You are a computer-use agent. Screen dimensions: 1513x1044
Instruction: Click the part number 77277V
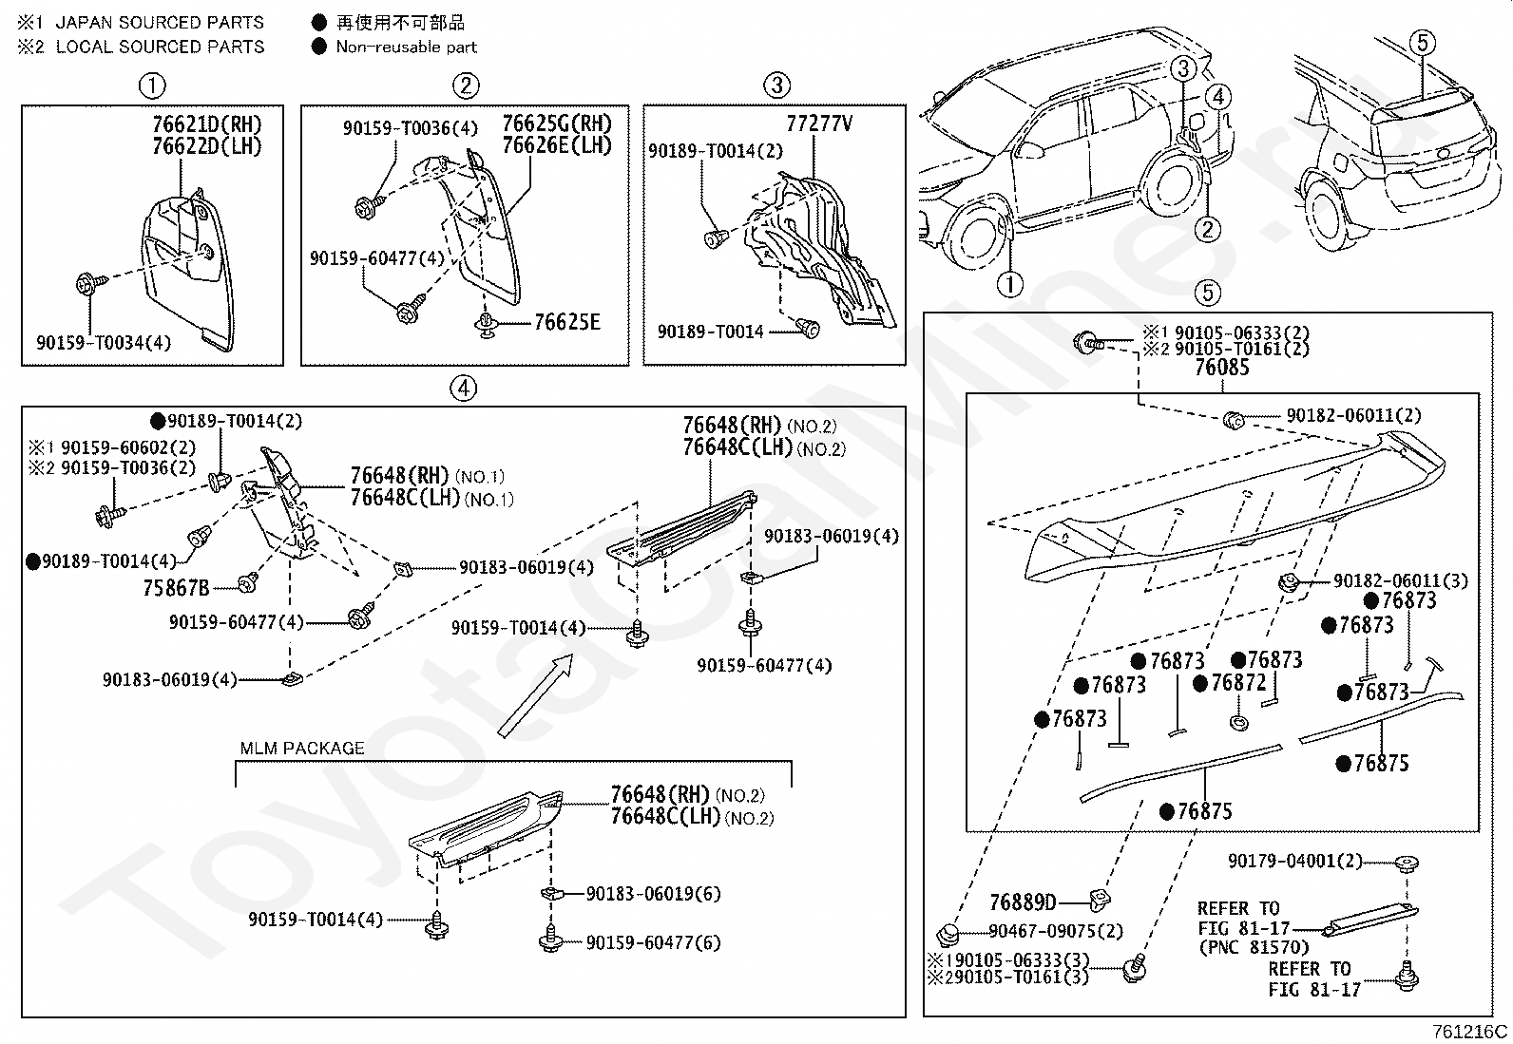(x=818, y=123)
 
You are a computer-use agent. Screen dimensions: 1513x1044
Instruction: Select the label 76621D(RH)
(x=206, y=124)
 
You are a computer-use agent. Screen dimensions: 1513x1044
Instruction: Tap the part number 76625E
(x=566, y=322)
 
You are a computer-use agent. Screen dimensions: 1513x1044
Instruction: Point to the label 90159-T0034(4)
(x=104, y=342)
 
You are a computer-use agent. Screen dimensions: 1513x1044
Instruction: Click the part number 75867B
(x=176, y=588)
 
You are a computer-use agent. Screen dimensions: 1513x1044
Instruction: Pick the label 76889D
(x=1023, y=902)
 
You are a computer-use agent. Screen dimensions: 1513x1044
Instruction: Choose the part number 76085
(x=1222, y=368)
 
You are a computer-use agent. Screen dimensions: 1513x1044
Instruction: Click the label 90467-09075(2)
(x=1056, y=931)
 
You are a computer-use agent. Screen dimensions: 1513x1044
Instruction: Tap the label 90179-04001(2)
(x=1294, y=861)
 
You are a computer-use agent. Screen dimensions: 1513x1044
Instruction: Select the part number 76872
(x=1238, y=683)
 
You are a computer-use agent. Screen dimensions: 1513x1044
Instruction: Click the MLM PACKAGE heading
(x=302, y=749)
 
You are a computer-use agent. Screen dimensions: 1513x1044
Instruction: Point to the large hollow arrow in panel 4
(x=536, y=695)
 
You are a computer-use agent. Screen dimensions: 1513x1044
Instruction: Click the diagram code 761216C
(x=1470, y=1032)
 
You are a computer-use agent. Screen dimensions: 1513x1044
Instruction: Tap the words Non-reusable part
(x=406, y=47)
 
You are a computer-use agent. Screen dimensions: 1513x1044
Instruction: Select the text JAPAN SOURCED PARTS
(x=160, y=22)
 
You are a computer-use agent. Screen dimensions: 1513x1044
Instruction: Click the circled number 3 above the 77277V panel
(x=776, y=85)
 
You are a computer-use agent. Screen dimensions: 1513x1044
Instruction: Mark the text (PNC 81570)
(x=1254, y=947)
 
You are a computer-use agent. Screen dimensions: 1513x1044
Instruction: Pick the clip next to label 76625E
(x=486, y=325)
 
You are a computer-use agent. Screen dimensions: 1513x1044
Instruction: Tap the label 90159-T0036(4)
(x=410, y=127)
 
